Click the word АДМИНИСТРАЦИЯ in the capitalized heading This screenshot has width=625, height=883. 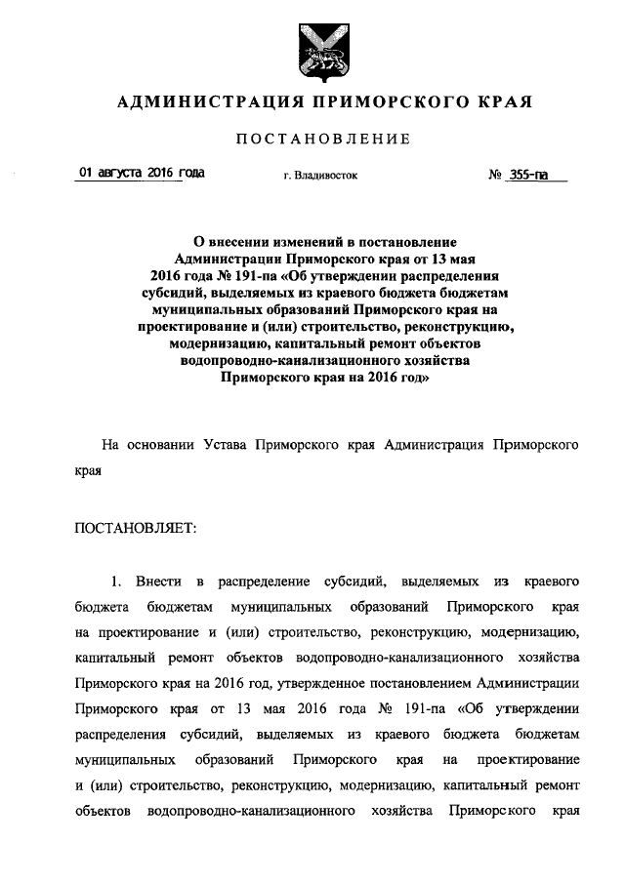[194, 101]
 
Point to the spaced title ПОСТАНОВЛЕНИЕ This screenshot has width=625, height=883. [322, 140]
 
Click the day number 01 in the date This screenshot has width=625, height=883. [85, 173]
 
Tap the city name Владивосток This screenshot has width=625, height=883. [328, 177]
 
